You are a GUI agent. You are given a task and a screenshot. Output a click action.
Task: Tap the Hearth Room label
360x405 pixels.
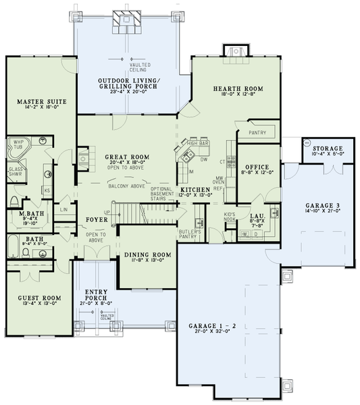point(238,89)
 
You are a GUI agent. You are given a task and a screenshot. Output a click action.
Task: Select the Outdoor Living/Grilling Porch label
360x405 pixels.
point(128,84)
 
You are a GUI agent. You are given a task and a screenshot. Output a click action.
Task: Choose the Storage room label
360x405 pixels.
point(327,148)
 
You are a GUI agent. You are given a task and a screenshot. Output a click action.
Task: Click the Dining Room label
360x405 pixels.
point(147,254)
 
